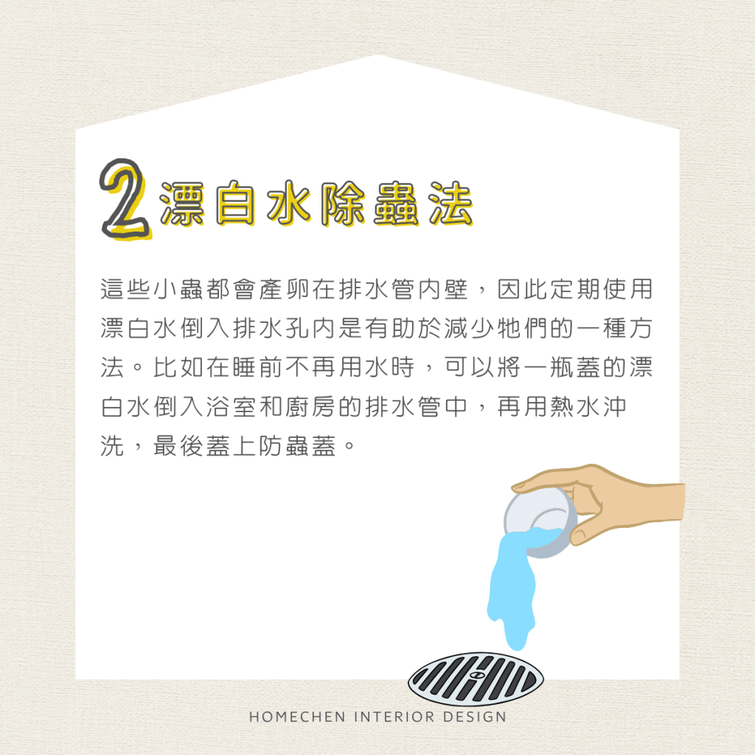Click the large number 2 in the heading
tap(125, 198)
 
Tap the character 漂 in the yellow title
tap(182, 204)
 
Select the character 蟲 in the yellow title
tap(396, 204)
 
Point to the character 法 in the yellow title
tap(450, 204)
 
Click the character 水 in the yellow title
tap(289, 204)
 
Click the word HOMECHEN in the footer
tap(297, 717)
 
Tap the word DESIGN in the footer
tap(475, 717)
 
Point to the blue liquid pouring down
tap(514, 592)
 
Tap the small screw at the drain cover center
tap(476, 675)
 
